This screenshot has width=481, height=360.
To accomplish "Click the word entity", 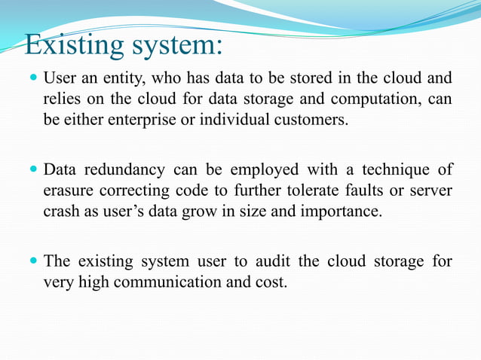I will [124, 78].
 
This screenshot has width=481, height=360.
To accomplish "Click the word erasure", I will [68, 190].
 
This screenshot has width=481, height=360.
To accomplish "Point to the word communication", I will [164, 282].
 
